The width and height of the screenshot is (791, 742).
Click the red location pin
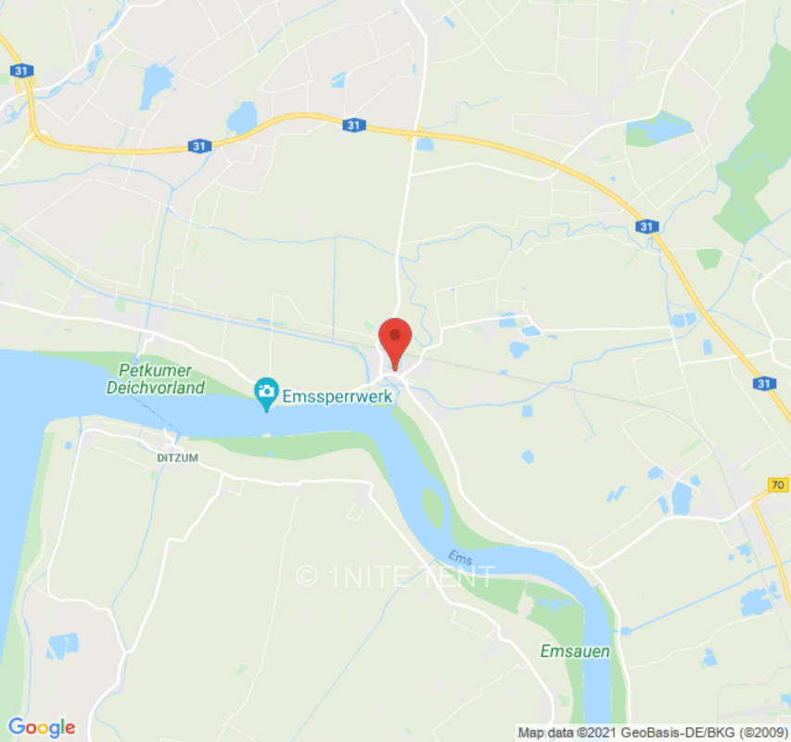(x=396, y=339)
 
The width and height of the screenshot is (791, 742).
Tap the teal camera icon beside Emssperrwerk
(x=266, y=393)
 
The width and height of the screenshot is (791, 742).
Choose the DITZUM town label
(x=177, y=458)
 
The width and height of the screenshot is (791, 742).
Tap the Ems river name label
(x=460, y=556)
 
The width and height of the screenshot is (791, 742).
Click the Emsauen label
(x=575, y=651)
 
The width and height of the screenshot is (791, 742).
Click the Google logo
(x=41, y=728)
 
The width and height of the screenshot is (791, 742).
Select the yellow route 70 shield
(x=778, y=484)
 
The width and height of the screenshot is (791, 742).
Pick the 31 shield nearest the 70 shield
(x=762, y=383)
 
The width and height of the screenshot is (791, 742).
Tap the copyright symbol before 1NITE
(x=307, y=576)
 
